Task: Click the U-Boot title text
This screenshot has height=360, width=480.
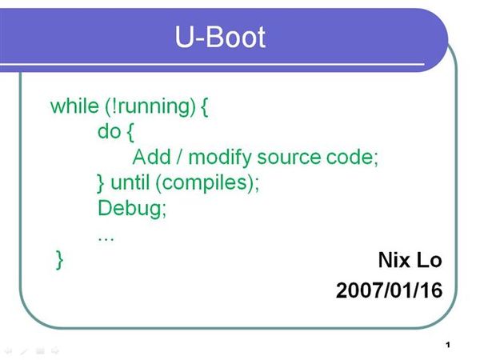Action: coord(220,37)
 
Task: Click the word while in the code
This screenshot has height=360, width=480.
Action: coord(74,106)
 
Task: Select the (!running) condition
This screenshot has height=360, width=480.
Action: coord(150,107)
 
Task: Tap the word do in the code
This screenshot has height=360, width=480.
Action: coord(109,132)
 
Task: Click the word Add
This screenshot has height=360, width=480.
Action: coord(151,157)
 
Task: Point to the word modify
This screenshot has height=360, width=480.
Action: coord(220,158)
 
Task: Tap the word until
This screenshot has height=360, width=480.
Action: coord(130,182)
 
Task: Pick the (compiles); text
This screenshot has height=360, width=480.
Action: coord(207,184)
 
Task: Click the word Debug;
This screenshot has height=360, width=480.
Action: coord(132,209)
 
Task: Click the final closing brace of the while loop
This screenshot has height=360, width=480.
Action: coord(60,260)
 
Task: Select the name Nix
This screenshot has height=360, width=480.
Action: coord(394,260)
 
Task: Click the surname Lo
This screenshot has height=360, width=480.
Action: coord(430,260)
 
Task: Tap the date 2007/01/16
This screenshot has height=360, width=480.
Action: coord(389,290)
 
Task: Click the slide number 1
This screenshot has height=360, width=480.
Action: coord(448,346)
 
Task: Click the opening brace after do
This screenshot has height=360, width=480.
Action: coord(130,133)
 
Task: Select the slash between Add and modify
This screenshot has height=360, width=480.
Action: coord(179,158)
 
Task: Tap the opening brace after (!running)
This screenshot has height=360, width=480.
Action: coord(205,107)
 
